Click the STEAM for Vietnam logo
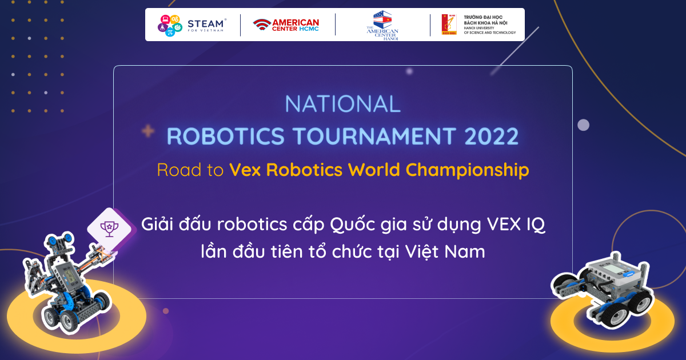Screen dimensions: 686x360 [x=192, y=25]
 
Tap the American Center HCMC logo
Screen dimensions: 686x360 [x=286, y=25]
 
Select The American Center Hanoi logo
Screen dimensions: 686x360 [x=382, y=25]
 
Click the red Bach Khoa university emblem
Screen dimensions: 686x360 [x=449, y=25]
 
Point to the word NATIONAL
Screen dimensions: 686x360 [x=342, y=104]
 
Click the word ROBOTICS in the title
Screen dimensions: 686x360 [x=226, y=136]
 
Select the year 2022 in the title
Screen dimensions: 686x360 [x=491, y=136]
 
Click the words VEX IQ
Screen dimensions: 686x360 [x=516, y=225]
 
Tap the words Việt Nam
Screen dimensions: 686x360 [x=445, y=251]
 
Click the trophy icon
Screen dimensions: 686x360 [x=109, y=229]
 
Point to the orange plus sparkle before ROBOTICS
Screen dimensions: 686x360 [x=148, y=131]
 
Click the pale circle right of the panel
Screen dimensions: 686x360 [x=583, y=125]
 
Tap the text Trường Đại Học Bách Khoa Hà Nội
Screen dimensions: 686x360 [x=485, y=20]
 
